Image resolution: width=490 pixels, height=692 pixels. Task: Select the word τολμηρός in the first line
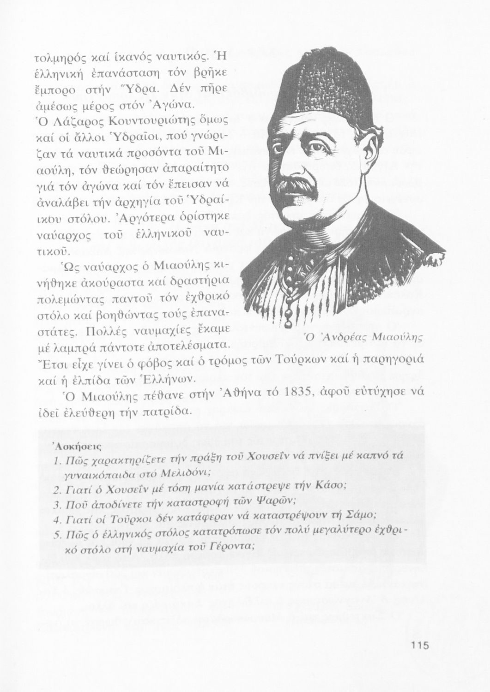point(59,60)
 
